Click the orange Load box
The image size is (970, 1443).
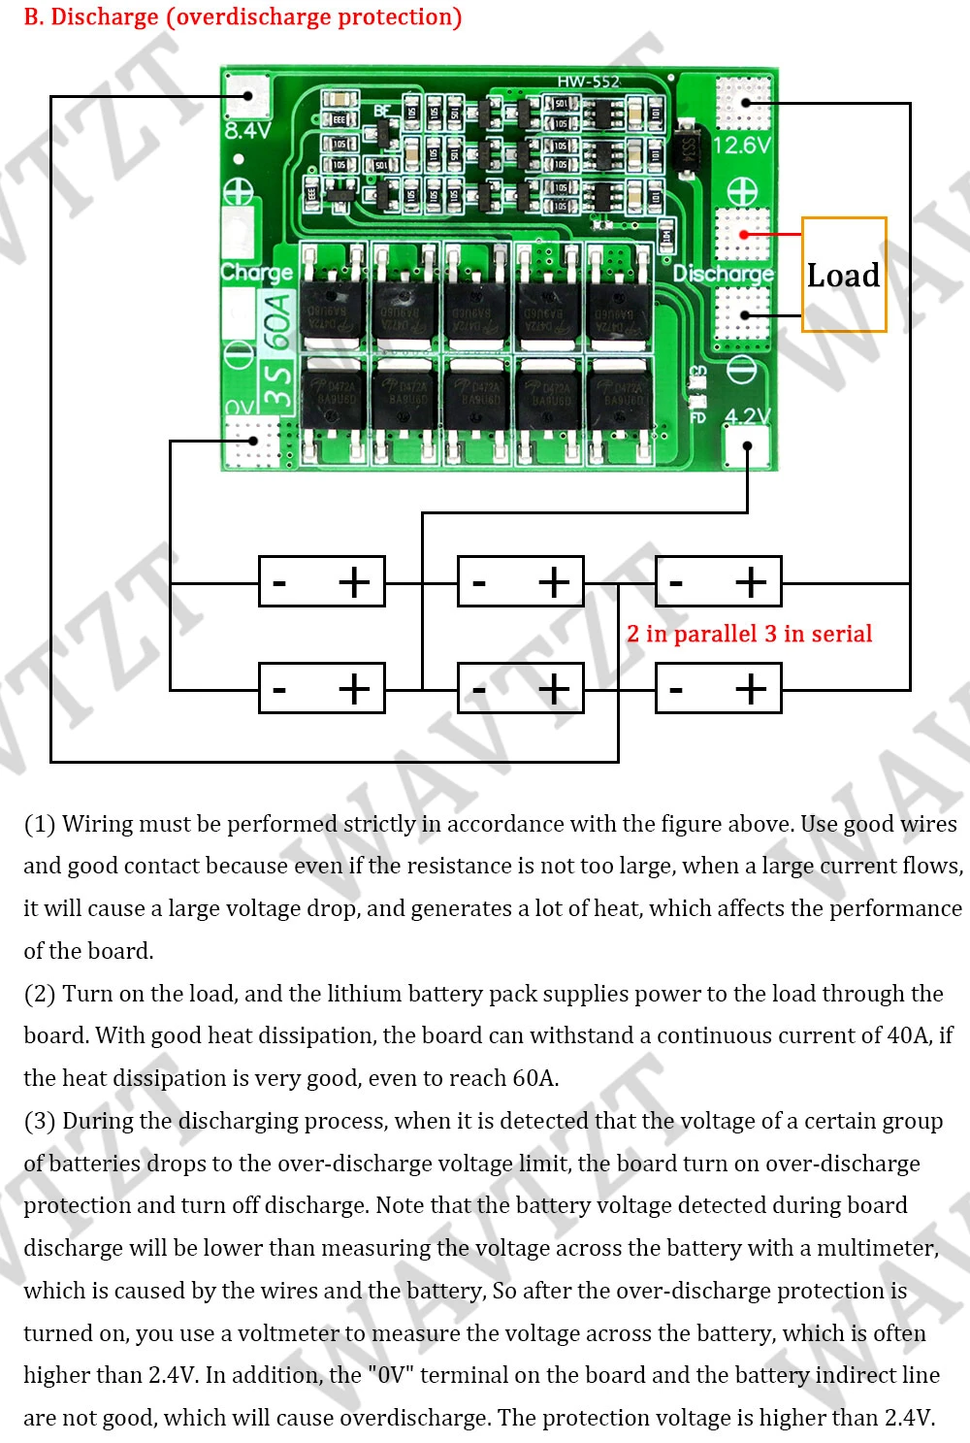[x=844, y=275]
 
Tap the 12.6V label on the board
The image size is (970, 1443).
[x=742, y=146]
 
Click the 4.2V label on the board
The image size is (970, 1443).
[x=748, y=416]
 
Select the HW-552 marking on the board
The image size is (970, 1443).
[x=588, y=82]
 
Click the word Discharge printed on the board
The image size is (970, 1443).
[x=724, y=274]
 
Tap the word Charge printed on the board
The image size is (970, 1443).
[x=256, y=273]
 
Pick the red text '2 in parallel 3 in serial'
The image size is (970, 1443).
[x=749, y=634]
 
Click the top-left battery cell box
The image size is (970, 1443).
[x=322, y=582]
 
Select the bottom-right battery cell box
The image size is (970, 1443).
[x=718, y=689]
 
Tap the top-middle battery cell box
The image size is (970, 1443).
[x=520, y=582]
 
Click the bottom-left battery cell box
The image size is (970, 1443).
[x=322, y=689]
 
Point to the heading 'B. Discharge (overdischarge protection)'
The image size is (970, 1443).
[x=242, y=16]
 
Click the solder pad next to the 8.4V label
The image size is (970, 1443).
[x=247, y=95]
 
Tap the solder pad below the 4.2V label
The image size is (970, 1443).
[x=748, y=447]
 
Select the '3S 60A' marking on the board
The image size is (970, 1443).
[x=277, y=349]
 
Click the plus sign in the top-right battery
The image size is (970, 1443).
[x=751, y=582]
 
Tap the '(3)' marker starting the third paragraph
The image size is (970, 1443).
[x=40, y=1121]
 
